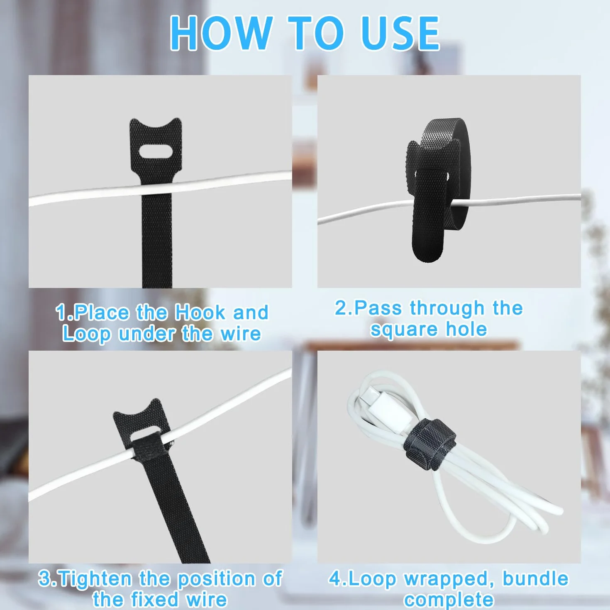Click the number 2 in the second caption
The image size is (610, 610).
[x=341, y=307]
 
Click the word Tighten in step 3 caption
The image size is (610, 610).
[x=95, y=579]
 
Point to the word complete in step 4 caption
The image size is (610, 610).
[x=449, y=599]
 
